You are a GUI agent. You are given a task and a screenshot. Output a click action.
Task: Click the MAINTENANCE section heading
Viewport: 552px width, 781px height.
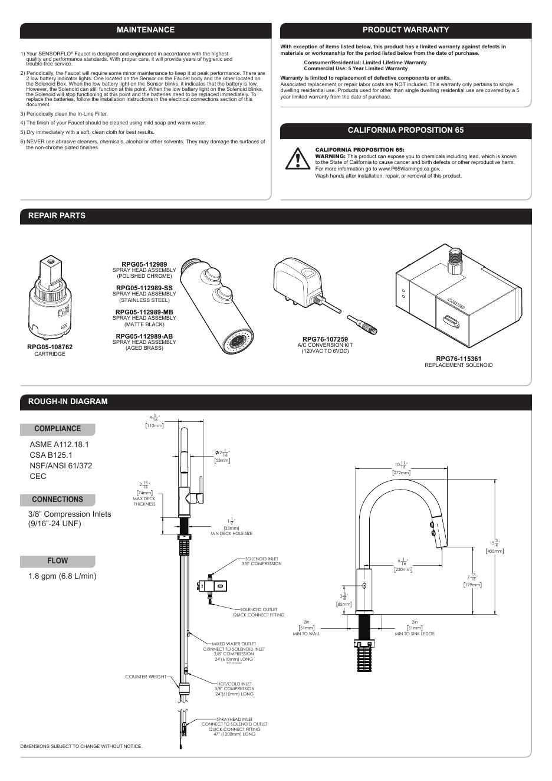[146, 30]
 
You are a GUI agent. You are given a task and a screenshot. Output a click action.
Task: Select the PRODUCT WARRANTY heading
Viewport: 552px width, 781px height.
[406, 30]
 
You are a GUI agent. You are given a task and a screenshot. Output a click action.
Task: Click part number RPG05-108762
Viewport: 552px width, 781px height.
[50, 347]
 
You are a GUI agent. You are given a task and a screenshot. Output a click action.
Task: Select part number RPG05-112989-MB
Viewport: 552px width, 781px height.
[144, 312]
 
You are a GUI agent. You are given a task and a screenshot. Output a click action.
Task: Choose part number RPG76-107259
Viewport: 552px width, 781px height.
[325, 339]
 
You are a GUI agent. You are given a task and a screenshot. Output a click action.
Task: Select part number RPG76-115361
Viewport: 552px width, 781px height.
[458, 359]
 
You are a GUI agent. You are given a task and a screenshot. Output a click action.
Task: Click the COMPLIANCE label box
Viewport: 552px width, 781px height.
[57, 429]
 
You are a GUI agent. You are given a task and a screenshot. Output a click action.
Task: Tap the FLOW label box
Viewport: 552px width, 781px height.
[57, 561]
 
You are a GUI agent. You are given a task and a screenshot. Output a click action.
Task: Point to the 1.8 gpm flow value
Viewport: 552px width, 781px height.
[63, 576]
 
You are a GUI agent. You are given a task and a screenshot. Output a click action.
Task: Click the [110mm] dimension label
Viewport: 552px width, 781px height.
[155, 425]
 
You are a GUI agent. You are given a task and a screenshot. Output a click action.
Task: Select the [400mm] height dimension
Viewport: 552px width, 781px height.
[494, 551]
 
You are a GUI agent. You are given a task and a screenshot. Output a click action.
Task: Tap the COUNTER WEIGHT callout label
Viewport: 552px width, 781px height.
[146, 677]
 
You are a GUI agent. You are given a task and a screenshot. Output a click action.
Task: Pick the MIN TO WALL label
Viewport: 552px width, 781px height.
[307, 634]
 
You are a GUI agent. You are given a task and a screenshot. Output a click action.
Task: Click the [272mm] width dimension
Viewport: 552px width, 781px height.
[402, 472]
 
